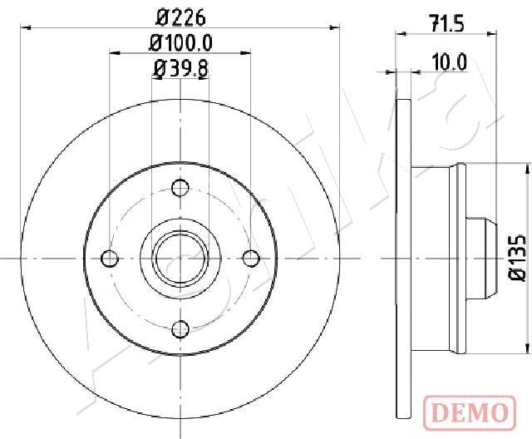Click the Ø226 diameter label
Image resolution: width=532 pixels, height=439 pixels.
click(180, 17)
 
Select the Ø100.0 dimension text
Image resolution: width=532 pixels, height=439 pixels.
click(180, 42)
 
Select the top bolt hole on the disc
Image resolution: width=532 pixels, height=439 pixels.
click(180, 187)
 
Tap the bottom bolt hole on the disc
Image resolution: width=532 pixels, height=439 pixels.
click(180, 329)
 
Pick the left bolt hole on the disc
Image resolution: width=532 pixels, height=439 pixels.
click(109, 258)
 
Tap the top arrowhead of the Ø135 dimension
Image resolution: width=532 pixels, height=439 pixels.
click(528, 167)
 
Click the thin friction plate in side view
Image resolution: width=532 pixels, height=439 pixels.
click(405, 258)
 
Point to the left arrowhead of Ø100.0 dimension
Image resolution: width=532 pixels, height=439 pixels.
click(113, 53)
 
